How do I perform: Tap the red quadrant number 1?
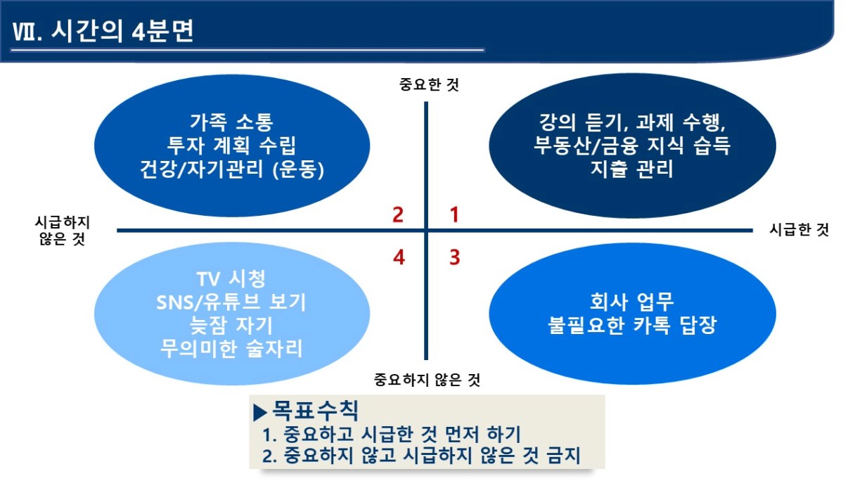454,214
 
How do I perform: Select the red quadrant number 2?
398,214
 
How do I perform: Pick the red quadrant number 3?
455,257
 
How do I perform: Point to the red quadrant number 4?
399,257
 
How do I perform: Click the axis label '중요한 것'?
429,84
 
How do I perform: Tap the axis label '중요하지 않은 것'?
427,380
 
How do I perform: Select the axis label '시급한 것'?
799,230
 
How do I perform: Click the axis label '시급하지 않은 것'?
62,231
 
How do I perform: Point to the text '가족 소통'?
232,122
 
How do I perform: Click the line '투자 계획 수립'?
232,146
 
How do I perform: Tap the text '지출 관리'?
631,169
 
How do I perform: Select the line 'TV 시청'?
231,278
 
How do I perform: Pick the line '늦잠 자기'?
231,326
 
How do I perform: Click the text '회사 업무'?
631,302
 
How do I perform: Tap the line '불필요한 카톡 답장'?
631,326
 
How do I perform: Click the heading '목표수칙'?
315,411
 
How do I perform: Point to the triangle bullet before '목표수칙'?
260,413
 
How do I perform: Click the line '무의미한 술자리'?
231,349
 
